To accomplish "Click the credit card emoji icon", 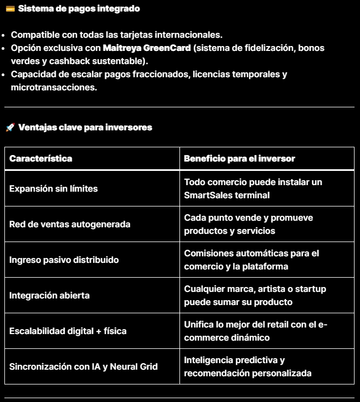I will point(9,9).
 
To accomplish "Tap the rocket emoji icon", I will point(9,128).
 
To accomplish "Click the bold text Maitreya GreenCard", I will point(147,48).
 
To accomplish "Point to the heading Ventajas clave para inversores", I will point(85,128).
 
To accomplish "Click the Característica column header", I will point(40,158).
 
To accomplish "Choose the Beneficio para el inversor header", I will point(239,158).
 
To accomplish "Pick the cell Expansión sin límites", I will point(54,188).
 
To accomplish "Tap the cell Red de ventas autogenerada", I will point(69,224).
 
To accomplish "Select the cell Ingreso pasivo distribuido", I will point(64,260).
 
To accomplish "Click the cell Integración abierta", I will point(49,295).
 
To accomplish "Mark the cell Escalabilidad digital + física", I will point(68,331).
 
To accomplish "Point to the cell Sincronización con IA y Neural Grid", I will point(83,366).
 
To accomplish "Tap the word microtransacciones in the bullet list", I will point(54,87).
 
